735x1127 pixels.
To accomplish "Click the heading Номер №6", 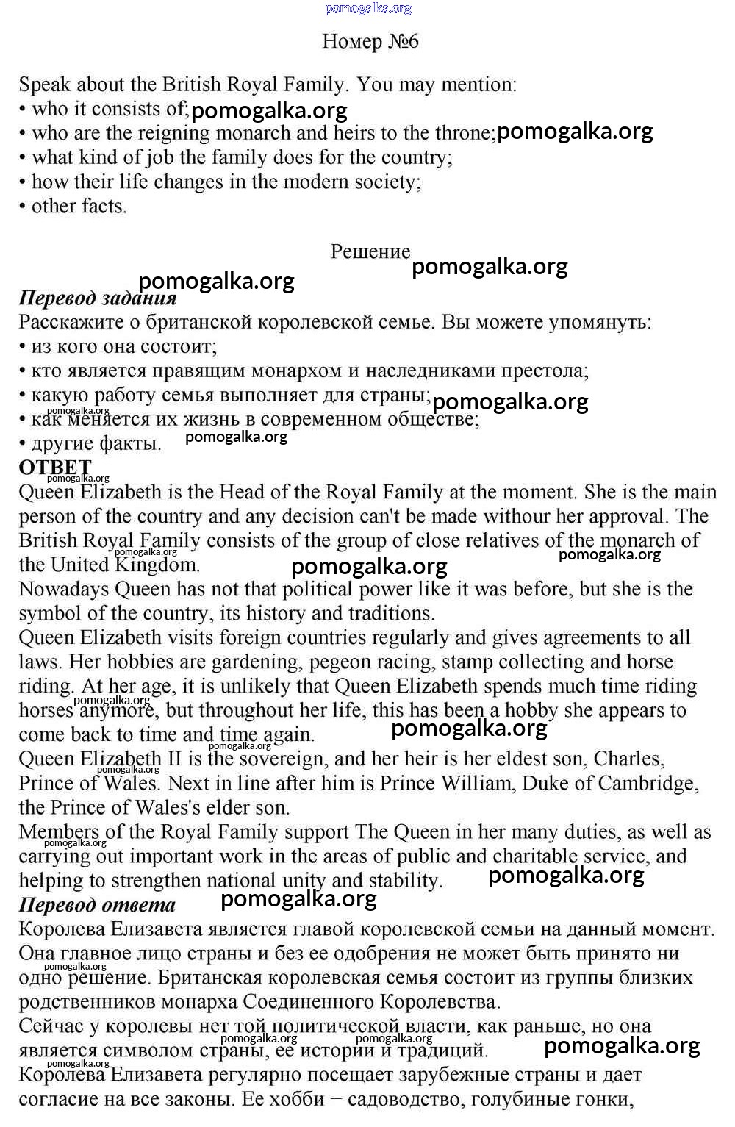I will click(370, 41).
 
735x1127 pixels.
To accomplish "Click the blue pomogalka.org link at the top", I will click(368, 9).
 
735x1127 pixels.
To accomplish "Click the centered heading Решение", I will click(370, 251).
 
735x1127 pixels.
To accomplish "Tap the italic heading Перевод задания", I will click(98, 298).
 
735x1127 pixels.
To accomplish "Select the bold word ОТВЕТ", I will click(55, 468).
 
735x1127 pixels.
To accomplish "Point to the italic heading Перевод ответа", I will click(97, 904).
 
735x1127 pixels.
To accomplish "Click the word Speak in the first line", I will click(44, 85).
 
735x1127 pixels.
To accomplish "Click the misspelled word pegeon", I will click(343, 662).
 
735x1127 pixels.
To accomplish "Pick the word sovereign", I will click(282, 759).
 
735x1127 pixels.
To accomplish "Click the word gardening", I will click(255, 662).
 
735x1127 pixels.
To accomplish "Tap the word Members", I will click(60, 831).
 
